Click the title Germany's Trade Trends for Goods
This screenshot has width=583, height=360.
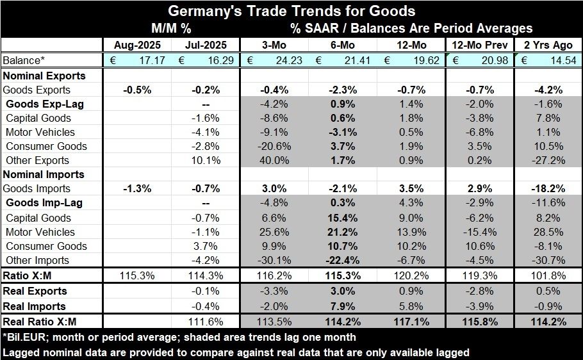click(x=291, y=11)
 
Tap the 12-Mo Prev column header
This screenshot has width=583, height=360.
click(x=480, y=45)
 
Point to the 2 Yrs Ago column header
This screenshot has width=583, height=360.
click(x=548, y=45)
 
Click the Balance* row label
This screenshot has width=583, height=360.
click(x=24, y=60)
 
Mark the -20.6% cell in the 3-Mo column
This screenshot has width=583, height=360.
click(x=275, y=146)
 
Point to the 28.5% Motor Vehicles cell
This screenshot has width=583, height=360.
click(x=551, y=232)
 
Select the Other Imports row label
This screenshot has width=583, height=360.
click(x=37, y=260)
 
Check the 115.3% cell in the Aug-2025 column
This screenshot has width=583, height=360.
click(x=136, y=275)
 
